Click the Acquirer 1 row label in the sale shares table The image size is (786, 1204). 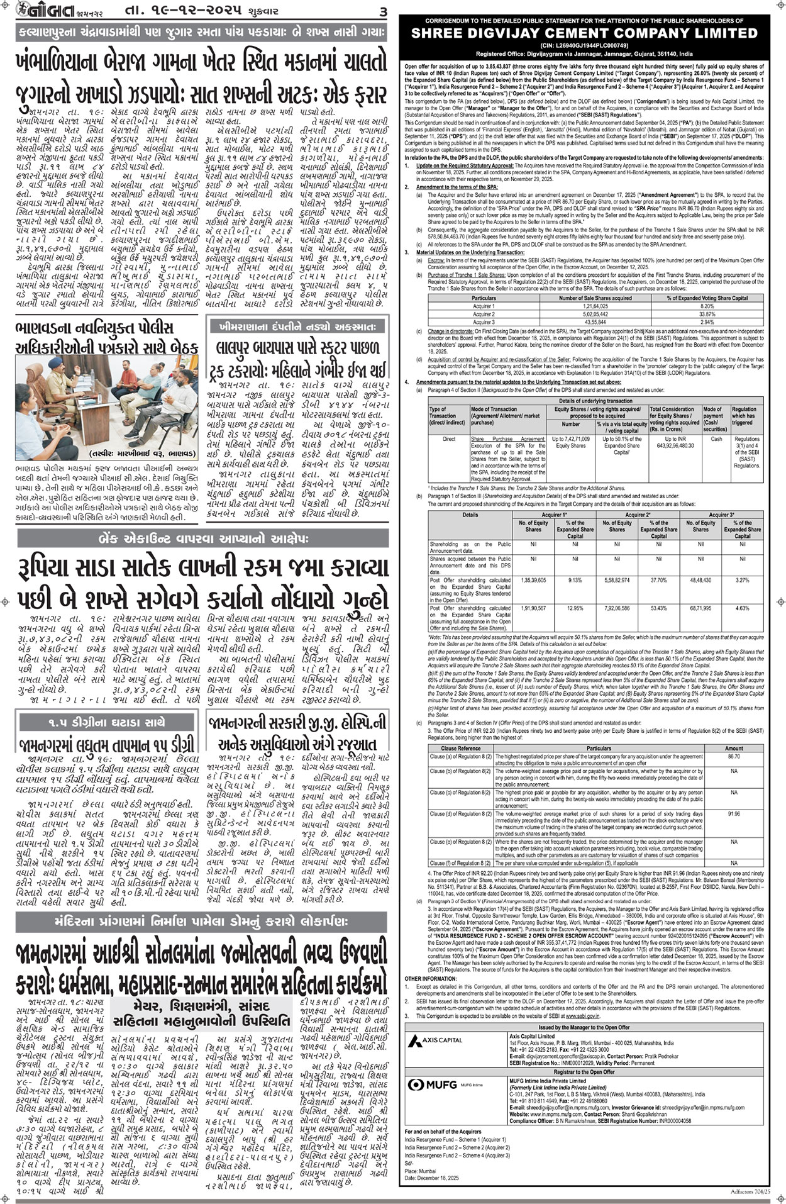pyautogui.click(x=484, y=306)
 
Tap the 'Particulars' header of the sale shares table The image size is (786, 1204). pyautogui.click(x=484, y=298)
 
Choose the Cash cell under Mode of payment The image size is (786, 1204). pyautogui.click(x=716, y=439)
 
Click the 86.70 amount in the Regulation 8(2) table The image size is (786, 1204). pyautogui.click(x=734, y=757)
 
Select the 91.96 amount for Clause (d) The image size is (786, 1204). pyautogui.click(x=734, y=814)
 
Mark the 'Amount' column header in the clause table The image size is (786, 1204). pyautogui.click(x=734, y=749)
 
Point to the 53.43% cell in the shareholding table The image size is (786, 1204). pyautogui.click(x=659, y=609)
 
